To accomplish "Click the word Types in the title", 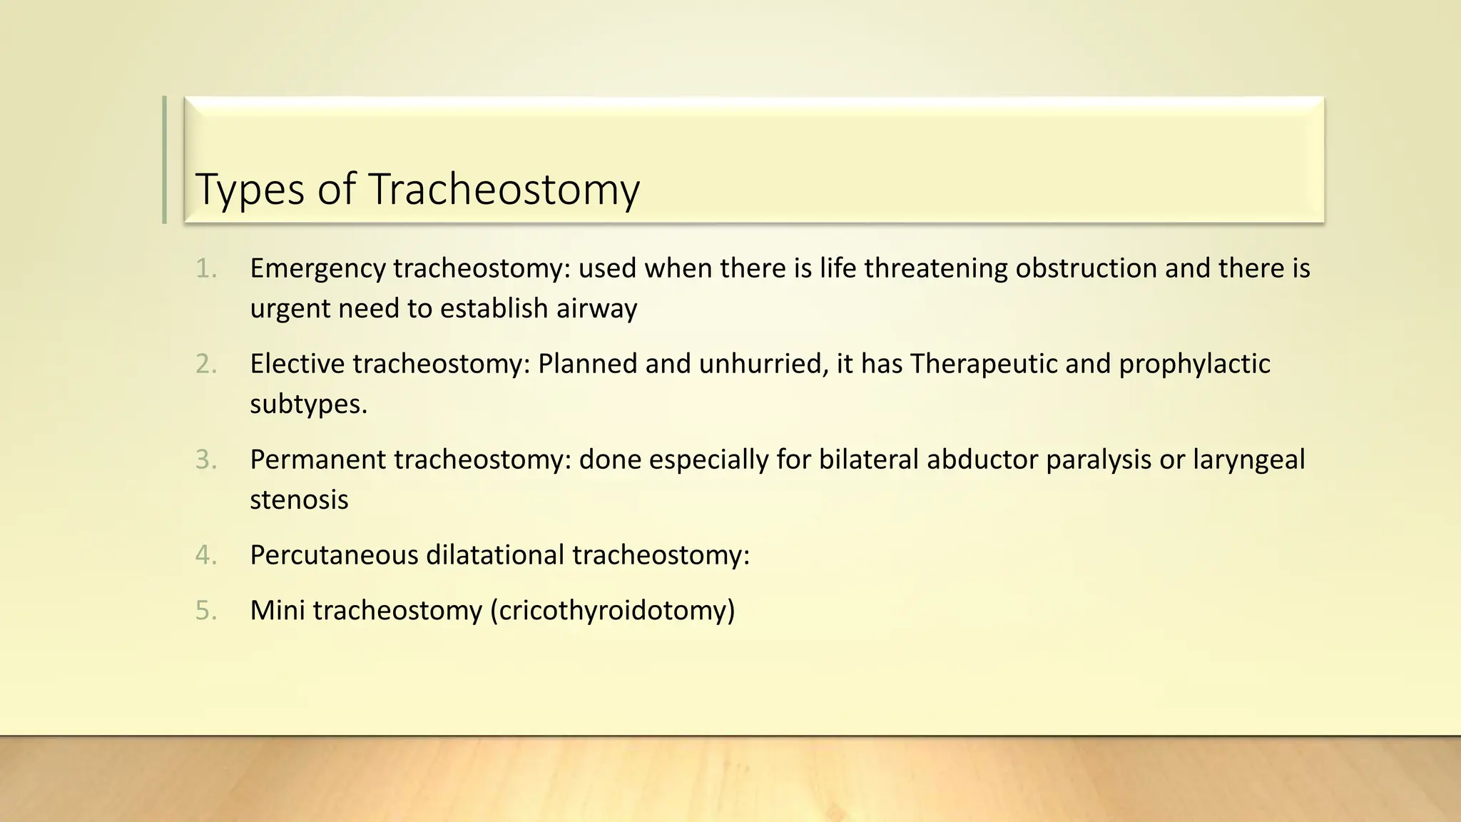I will tap(250, 190).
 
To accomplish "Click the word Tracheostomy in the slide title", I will tap(504, 190).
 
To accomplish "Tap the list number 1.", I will tap(205, 269).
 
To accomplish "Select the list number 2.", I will tap(205, 365).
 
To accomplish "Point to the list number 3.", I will tap(205, 460).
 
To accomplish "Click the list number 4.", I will tap(205, 556).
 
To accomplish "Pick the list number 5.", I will tap(205, 612).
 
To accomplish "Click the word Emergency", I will tap(317, 269).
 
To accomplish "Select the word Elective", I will tap(297, 365).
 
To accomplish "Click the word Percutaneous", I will tap(334, 556).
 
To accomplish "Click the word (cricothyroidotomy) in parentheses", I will tap(612, 612).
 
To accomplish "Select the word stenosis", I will tap(299, 500).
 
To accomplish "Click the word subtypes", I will tap(308, 405).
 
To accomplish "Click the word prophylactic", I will tap(1194, 365).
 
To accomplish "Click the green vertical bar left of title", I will tap(165, 160).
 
